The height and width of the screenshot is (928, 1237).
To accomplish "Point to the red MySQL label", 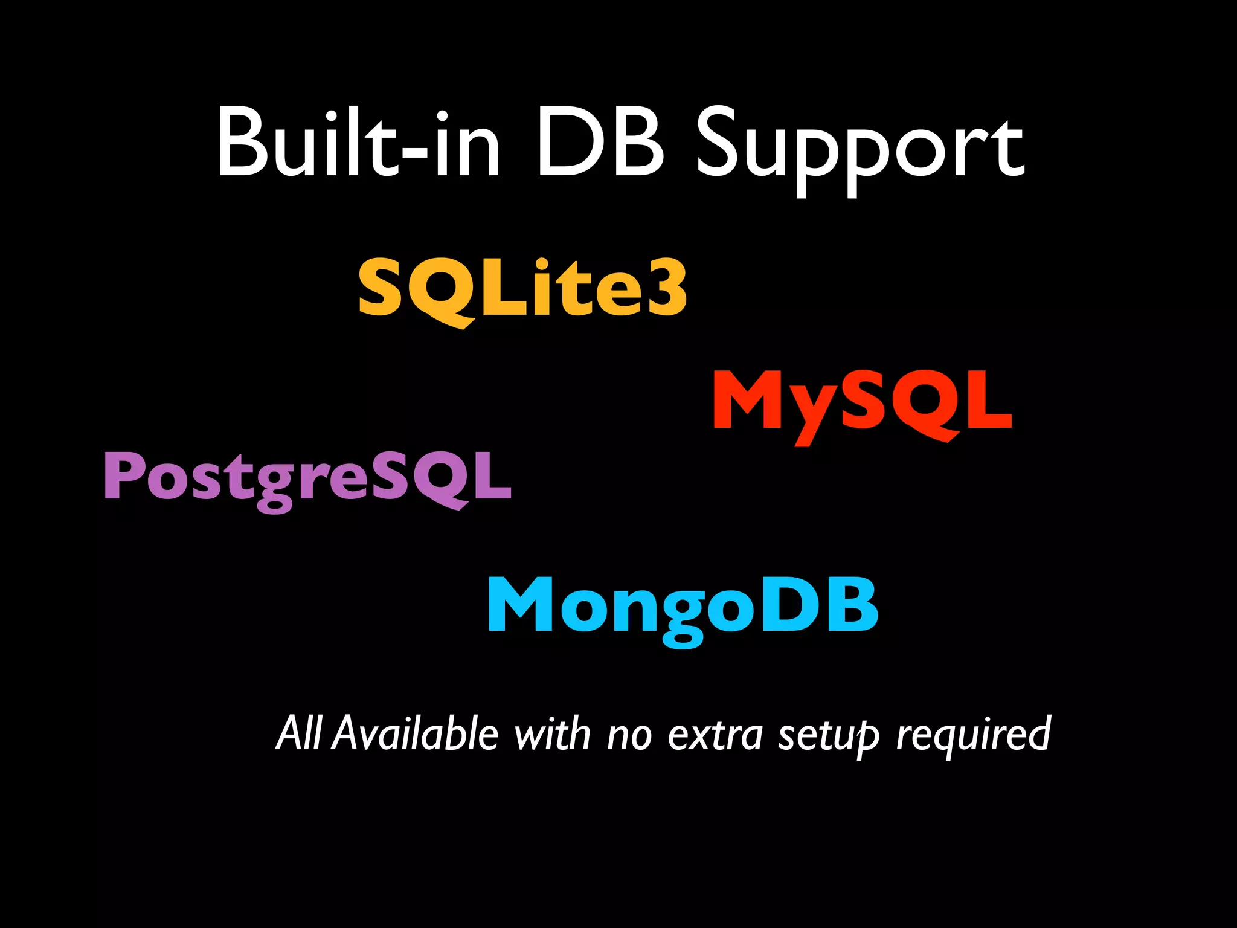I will (x=862, y=401).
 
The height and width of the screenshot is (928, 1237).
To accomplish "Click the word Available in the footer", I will (x=416, y=733).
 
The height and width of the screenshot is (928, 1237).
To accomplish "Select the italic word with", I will (x=551, y=733).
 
